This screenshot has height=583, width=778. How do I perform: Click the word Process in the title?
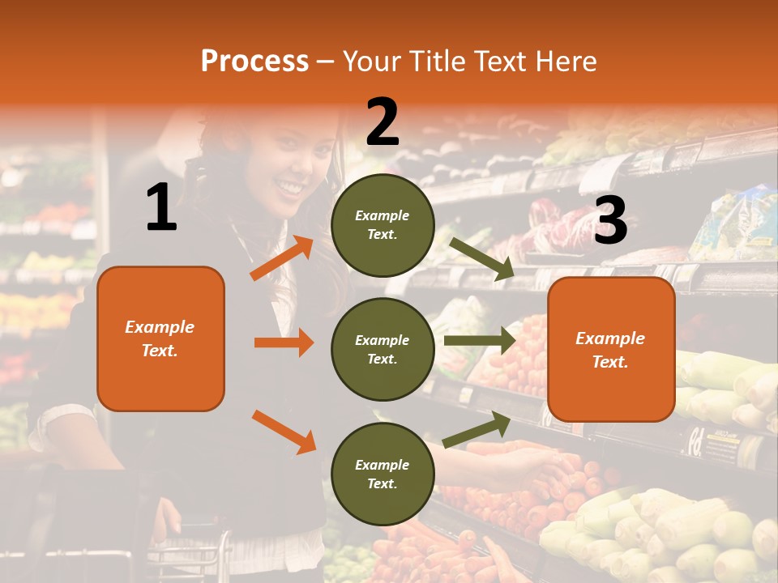pyautogui.click(x=254, y=62)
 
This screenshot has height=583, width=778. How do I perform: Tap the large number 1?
pyautogui.click(x=161, y=208)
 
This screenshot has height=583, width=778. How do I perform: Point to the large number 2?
pyautogui.click(x=383, y=121)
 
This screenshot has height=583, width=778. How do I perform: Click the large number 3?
pyautogui.click(x=610, y=220)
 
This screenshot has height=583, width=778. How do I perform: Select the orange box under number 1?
pyautogui.click(x=160, y=338)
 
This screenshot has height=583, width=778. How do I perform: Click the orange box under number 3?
pyautogui.click(x=611, y=350)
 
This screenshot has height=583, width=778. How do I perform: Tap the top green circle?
pyautogui.click(x=383, y=225)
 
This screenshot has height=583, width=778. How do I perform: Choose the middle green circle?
pyautogui.click(x=383, y=349)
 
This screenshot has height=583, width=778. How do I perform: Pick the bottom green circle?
pyautogui.click(x=383, y=474)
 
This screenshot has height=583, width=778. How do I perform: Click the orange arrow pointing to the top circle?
pyautogui.click(x=282, y=258)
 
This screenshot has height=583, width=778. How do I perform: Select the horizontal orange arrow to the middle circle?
pyautogui.click(x=284, y=343)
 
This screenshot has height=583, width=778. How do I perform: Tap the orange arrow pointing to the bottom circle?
pyautogui.click(x=284, y=432)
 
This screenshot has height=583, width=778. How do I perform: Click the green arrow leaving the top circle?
pyautogui.click(x=482, y=259)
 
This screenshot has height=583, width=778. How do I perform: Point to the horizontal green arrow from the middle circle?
pyautogui.click(x=480, y=340)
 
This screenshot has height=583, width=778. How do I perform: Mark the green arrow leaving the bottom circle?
pyautogui.click(x=477, y=429)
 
